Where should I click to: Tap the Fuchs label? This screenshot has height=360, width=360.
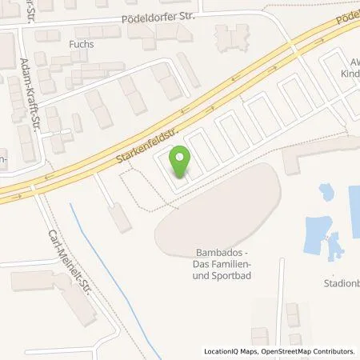pyautogui.click(x=81, y=44)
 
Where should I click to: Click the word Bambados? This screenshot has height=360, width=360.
pyautogui.click(x=215, y=253)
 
